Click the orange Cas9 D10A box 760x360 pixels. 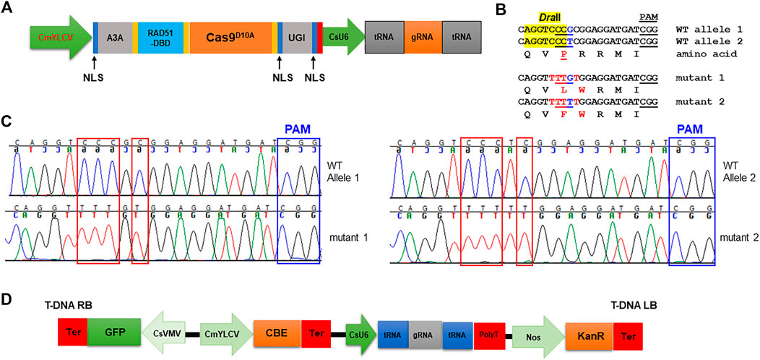tap(232, 34)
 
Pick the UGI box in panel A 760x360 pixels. tap(299, 34)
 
